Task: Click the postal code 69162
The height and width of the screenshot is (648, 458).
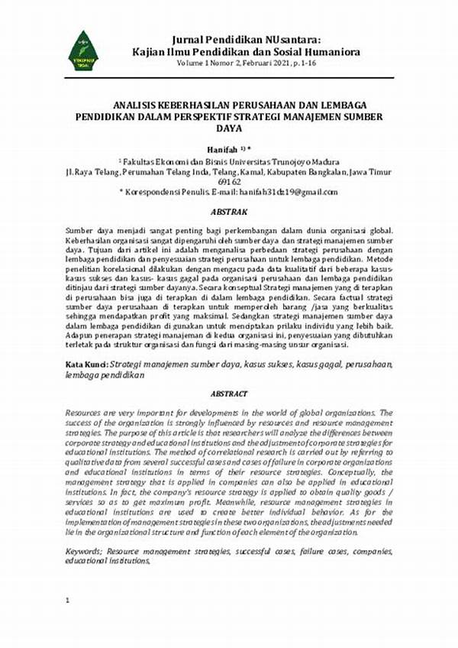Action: [229, 182]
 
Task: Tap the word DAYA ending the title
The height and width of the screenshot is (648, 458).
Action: [229, 128]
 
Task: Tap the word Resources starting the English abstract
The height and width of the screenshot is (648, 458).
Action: [86, 411]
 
